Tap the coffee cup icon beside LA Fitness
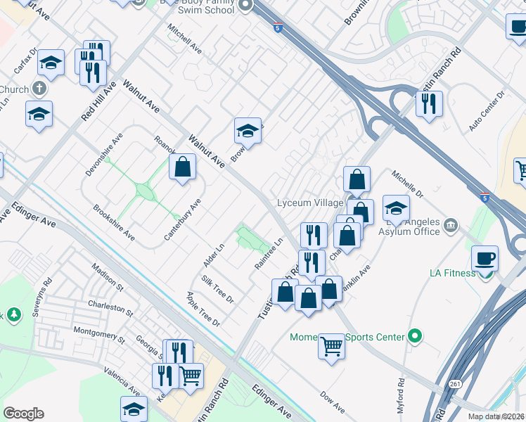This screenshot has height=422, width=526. coord(484,259)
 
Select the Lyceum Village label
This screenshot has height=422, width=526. coord(309,203)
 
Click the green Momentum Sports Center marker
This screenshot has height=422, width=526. coord(415,337)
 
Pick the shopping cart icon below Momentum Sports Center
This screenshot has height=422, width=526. coord(331,346)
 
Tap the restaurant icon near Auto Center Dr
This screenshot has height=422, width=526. coord(428,104)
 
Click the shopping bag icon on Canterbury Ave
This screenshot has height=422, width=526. coord(183,167)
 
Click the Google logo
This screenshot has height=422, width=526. coord(23,414)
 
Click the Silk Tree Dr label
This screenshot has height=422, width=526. coord(217,289)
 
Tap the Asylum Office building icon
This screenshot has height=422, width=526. coord(450,225)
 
